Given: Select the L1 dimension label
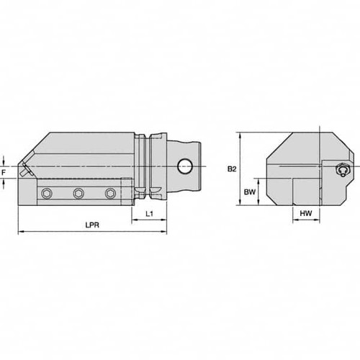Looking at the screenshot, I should coord(148,214).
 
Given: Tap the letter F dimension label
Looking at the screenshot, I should coord(4,173).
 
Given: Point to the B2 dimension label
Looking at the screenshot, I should coord(232,169).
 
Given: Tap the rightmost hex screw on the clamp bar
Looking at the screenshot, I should coord(110,193).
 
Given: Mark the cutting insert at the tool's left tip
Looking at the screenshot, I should coord(25,172).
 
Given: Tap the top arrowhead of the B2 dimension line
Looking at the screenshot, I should coord(240,134).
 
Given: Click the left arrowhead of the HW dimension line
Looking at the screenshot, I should coord(292,220).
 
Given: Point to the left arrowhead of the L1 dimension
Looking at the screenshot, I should coord(133,220).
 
